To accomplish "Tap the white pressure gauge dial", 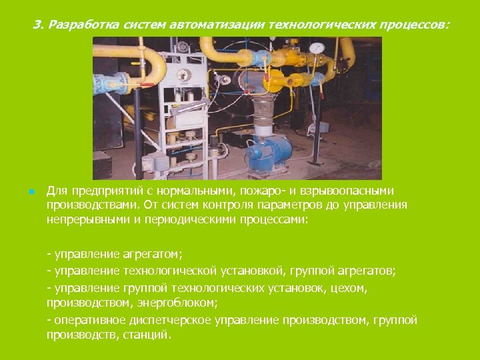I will pyautogui.click(x=317, y=48).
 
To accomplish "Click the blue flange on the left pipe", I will pyautogui.click(x=103, y=82).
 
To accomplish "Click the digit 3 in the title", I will pyautogui.click(x=36, y=25).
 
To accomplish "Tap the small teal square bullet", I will pyautogui.click(x=31, y=192).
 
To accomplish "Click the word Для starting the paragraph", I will pyautogui.click(x=57, y=191).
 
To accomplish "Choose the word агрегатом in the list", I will pyautogui.click(x=153, y=254).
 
